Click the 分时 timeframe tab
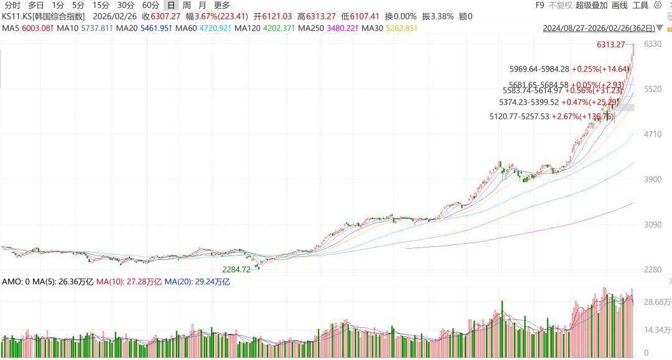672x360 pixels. click(x=12, y=6)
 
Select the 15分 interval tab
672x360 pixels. click(x=100, y=6)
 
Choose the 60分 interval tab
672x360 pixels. click(x=150, y=6)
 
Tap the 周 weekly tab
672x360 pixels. click(x=186, y=6)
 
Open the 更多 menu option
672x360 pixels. click(x=222, y=6)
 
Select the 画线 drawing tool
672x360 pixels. click(x=620, y=6)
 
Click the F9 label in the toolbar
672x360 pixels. click(x=539, y=6)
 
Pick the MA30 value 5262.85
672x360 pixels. click(x=401, y=29)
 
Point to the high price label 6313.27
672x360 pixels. click(x=610, y=45)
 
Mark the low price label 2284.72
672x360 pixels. click(x=236, y=269)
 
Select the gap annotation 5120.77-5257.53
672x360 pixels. click(x=520, y=116)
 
